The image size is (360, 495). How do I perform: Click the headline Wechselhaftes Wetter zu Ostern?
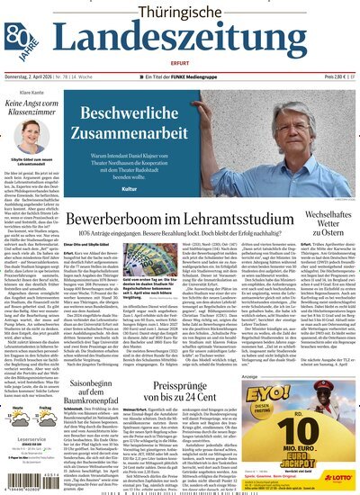coord(325,222)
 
